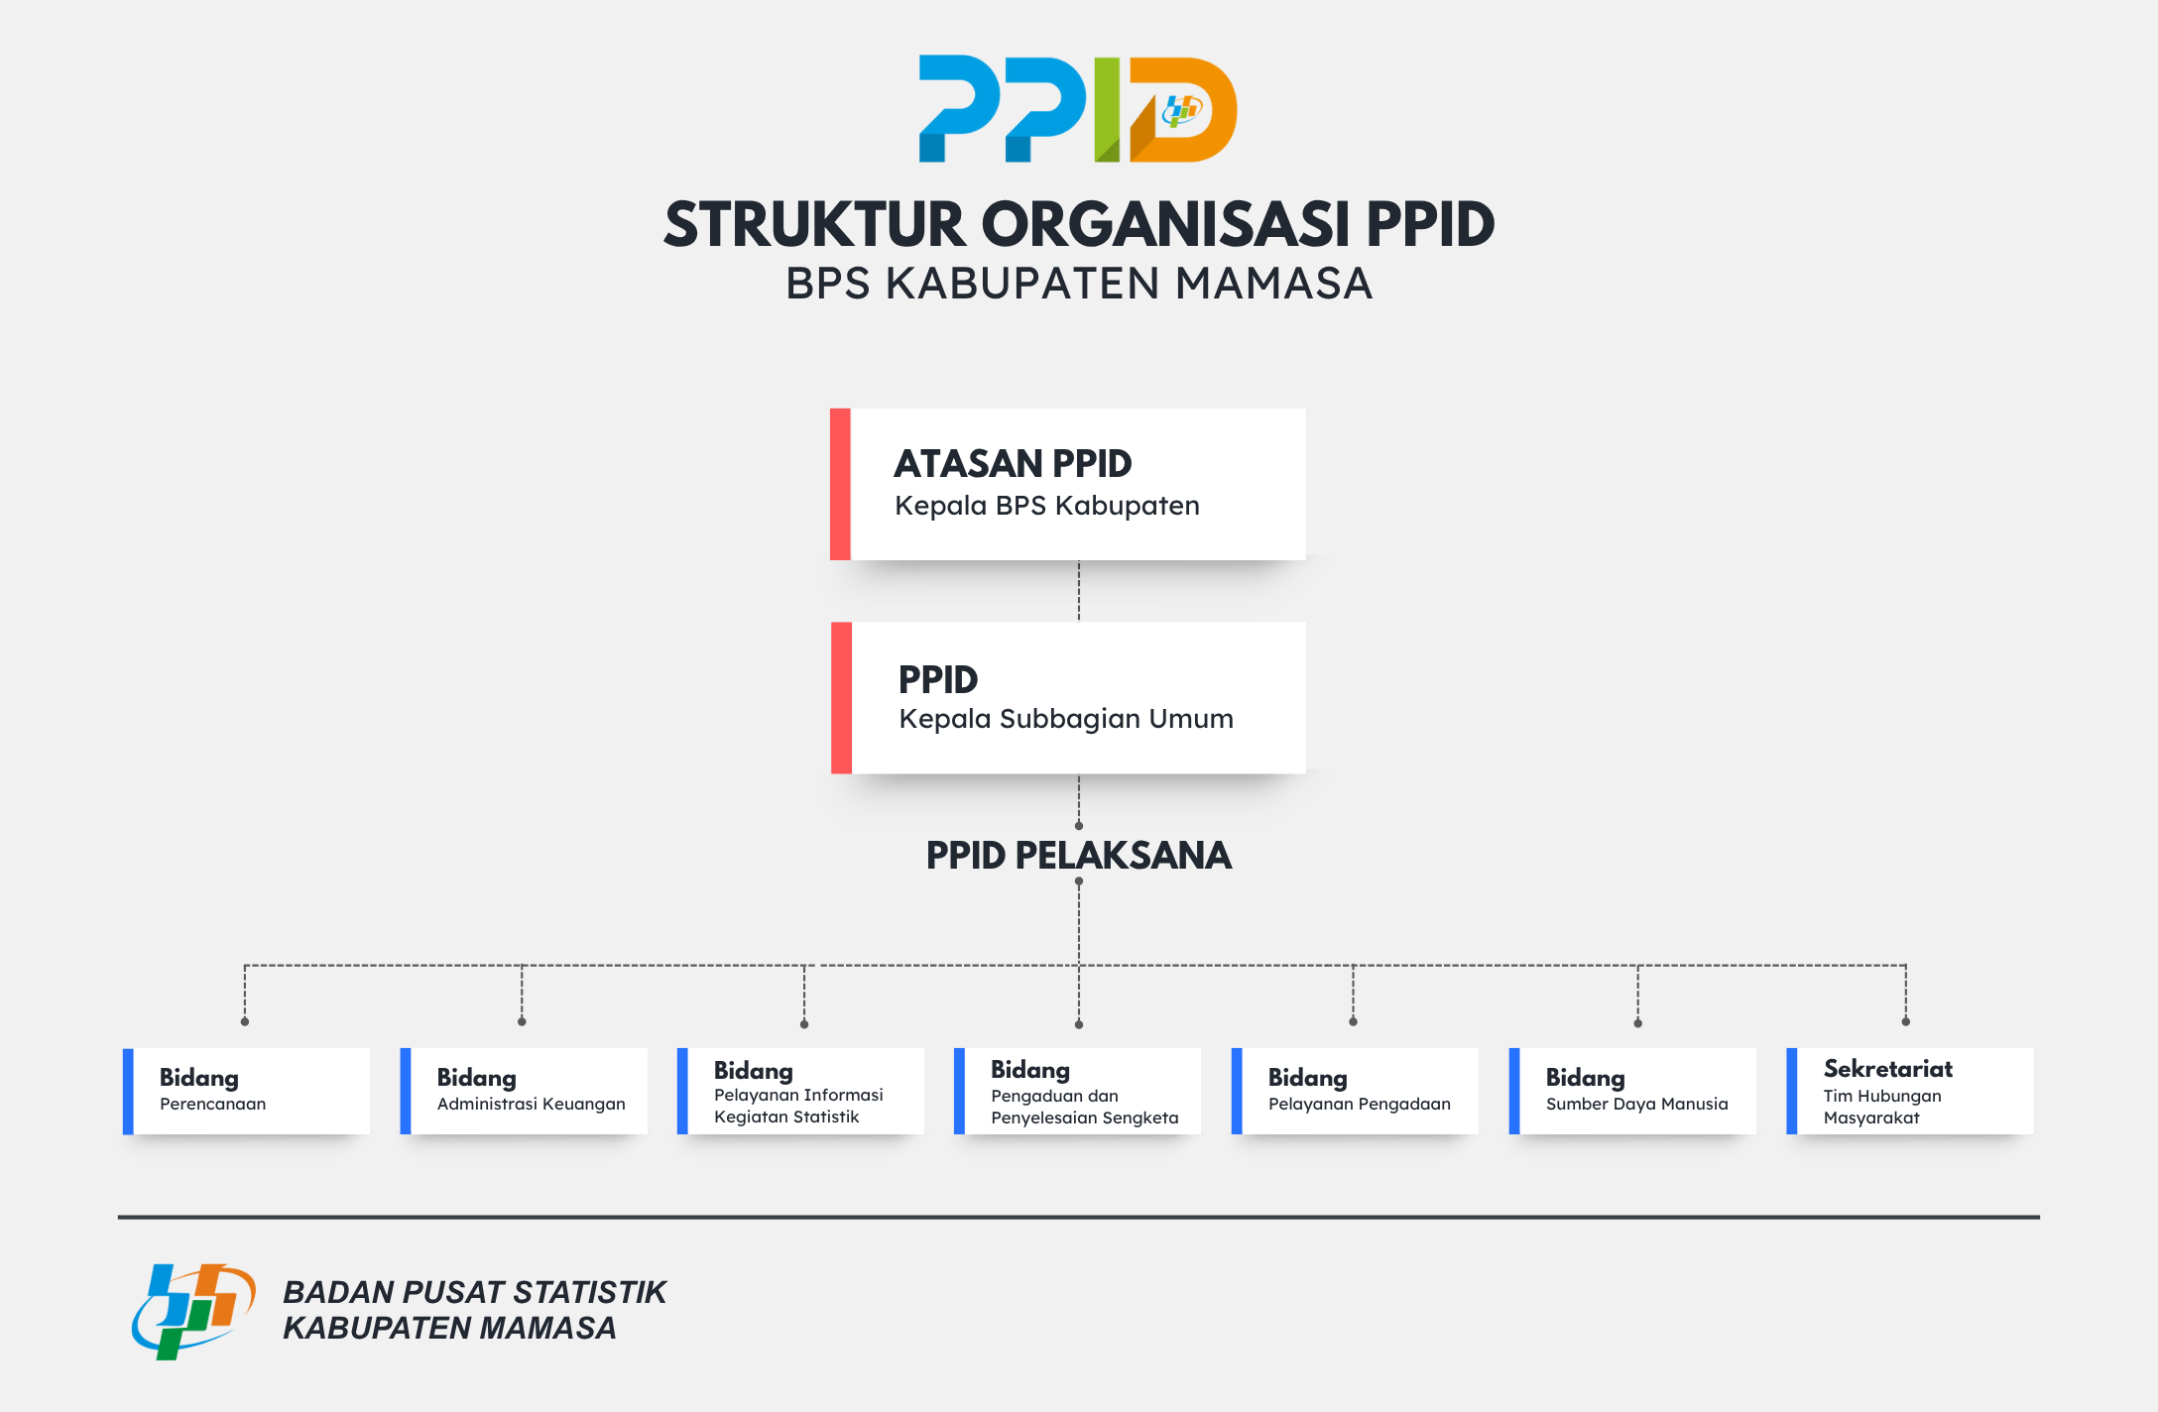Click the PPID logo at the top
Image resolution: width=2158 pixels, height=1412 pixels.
tap(1078, 109)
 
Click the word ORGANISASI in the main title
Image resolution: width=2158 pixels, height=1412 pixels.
tap(1165, 224)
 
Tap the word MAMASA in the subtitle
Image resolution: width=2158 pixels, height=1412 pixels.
tap(1273, 284)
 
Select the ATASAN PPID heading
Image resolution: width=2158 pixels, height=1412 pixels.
tap(1013, 463)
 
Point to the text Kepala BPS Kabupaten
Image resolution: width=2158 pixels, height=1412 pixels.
tap(1047, 506)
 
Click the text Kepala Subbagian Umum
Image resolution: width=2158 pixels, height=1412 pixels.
tap(1066, 719)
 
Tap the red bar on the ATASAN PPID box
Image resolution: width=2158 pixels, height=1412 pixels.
tap(840, 484)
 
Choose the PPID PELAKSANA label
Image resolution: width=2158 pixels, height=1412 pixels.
tap(1079, 855)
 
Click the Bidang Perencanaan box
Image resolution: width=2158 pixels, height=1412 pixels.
tap(246, 1091)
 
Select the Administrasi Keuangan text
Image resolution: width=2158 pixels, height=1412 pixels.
tap(532, 1104)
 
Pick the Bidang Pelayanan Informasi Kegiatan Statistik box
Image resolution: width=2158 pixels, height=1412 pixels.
tap(800, 1091)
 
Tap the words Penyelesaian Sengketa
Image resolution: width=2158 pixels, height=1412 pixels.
tap(1085, 1118)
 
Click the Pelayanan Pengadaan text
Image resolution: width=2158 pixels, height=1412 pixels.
tap(1360, 1104)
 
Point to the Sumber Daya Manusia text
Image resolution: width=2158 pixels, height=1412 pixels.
tap(1637, 1104)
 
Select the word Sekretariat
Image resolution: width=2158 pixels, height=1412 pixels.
tap(1888, 1069)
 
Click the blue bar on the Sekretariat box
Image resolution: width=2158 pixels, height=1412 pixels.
tap(1792, 1091)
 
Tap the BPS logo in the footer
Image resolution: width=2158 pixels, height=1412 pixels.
tap(193, 1311)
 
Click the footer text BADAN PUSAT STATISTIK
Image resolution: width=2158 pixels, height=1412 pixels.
tap(475, 1292)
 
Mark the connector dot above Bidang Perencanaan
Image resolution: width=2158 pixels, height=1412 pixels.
tap(245, 1021)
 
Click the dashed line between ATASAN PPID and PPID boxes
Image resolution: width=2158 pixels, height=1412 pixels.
tap(1079, 591)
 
